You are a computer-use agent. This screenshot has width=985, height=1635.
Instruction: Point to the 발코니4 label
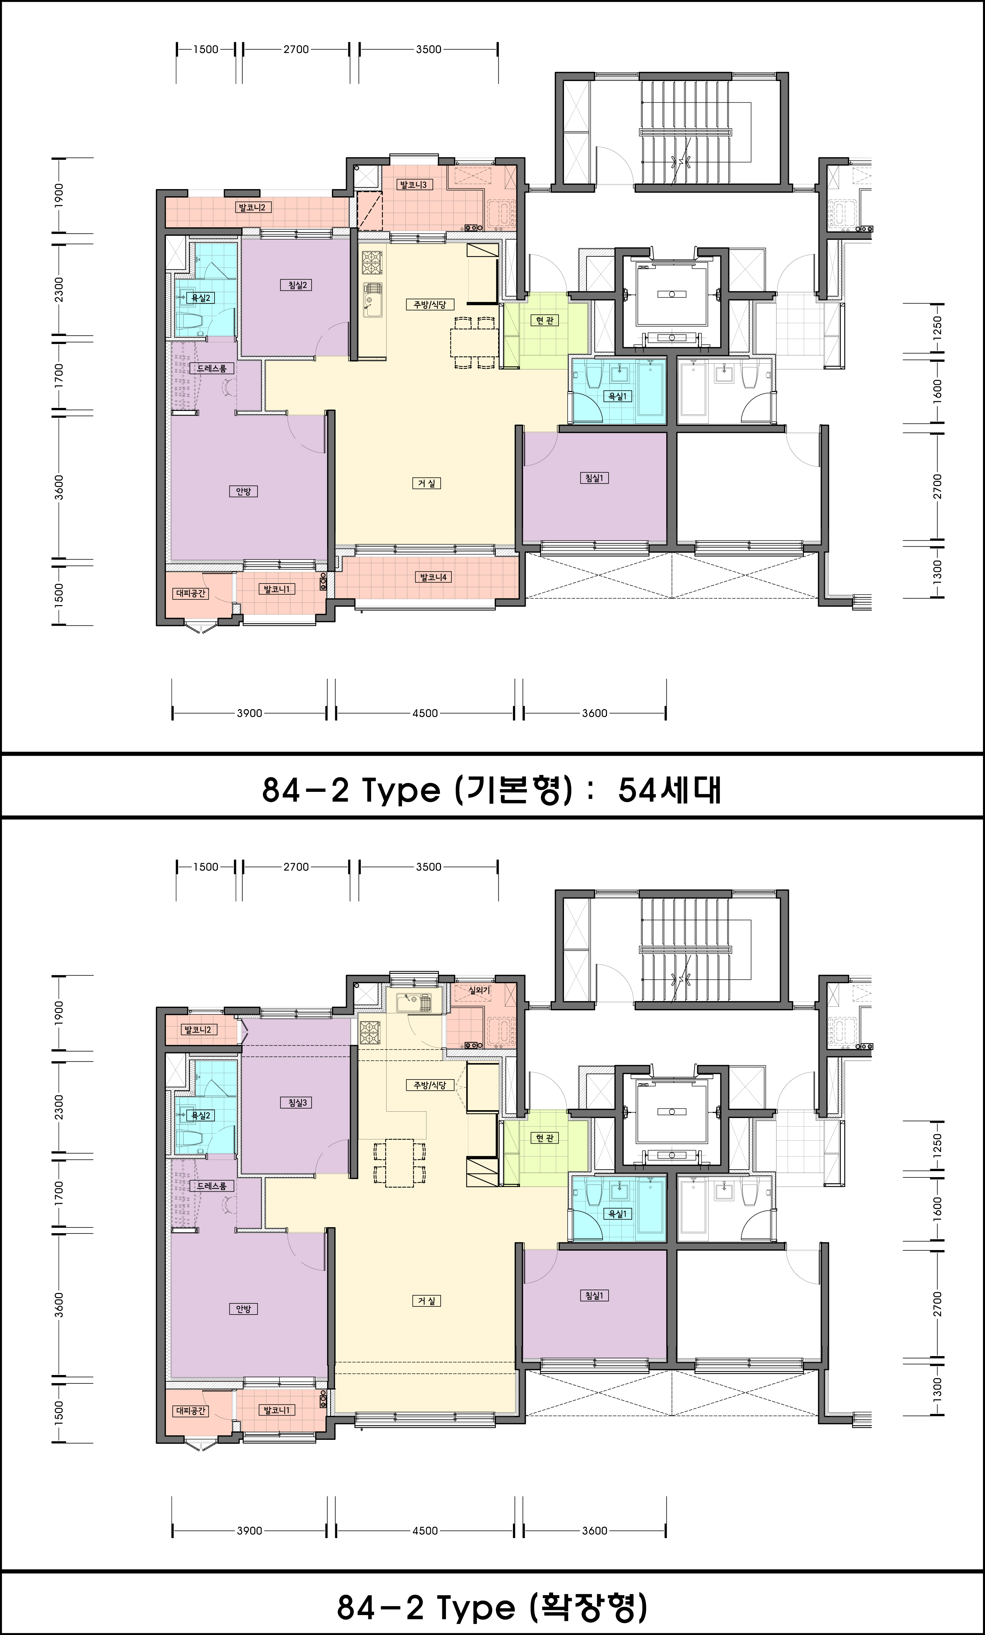(433, 577)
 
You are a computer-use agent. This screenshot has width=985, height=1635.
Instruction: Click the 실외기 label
(478, 990)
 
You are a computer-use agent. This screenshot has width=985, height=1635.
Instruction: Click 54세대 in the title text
(669, 790)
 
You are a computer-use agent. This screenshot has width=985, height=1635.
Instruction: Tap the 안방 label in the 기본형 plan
(243, 492)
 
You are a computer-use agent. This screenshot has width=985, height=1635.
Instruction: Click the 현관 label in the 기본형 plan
(545, 320)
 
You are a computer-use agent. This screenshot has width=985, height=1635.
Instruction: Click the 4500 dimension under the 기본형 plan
(425, 713)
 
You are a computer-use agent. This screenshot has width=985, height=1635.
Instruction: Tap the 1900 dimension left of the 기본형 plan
(59, 195)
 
